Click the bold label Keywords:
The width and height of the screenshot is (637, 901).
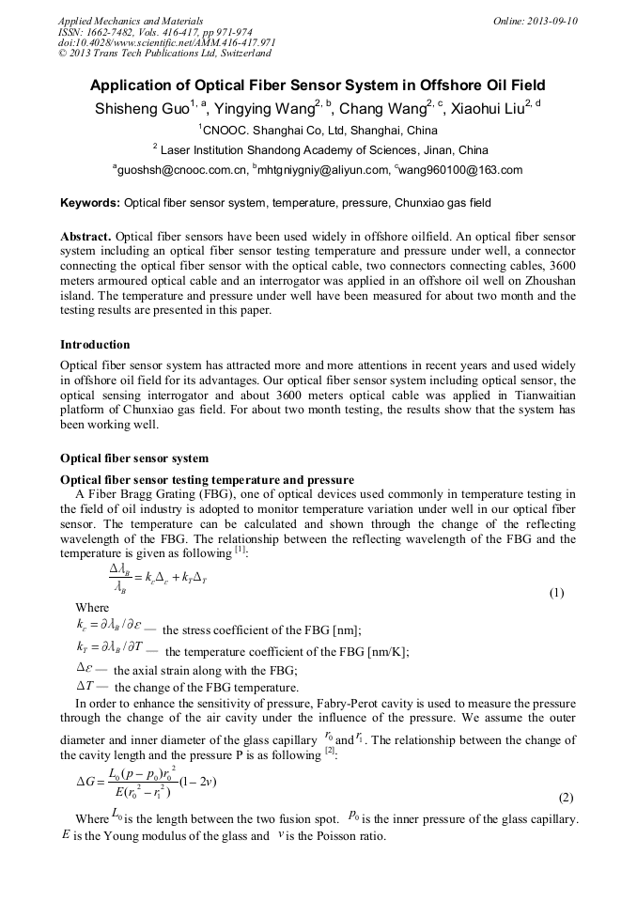click(x=90, y=203)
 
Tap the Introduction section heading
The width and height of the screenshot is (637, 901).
click(x=95, y=345)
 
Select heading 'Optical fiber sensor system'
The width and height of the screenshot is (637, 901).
click(x=134, y=458)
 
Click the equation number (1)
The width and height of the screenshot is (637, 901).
click(x=556, y=593)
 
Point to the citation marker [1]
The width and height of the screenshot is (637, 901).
click(x=241, y=550)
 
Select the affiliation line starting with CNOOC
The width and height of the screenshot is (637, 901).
click(x=318, y=130)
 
